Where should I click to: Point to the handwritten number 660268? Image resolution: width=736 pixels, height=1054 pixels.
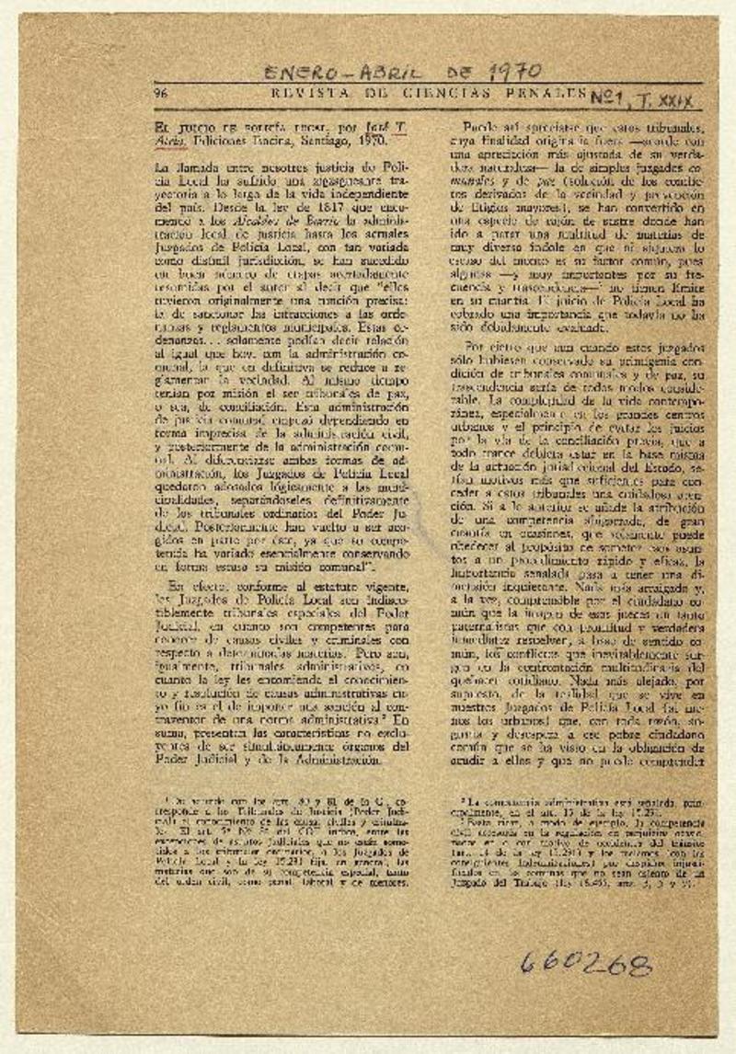coord(585,963)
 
